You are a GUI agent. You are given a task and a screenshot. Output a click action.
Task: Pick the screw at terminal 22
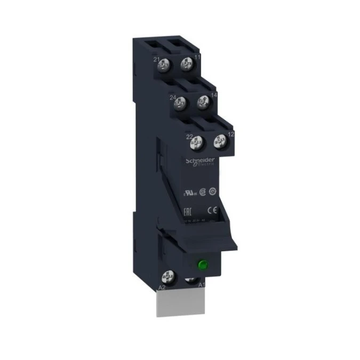[x=198, y=142]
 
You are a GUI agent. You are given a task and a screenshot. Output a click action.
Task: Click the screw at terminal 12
[x=219, y=141]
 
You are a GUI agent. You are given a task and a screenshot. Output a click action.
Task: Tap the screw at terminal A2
[x=167, y=277]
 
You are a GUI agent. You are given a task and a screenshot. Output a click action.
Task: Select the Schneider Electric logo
[x=200, y=161]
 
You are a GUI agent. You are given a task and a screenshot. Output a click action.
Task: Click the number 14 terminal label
[x=214, y=95]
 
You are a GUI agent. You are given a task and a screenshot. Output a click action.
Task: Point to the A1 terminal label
[x=202, y=285]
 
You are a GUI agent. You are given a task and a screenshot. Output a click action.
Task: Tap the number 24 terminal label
[x=173, y=98]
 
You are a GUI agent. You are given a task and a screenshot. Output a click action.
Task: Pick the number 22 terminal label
[x=189, y=137]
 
